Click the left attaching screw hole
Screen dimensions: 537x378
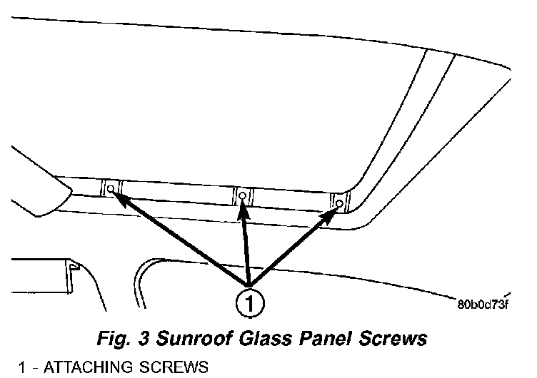tap(110, 188)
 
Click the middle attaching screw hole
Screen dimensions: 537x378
tap(243, 195)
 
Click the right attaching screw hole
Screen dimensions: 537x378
tap(339, 203)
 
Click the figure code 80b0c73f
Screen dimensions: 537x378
tap(483, 307)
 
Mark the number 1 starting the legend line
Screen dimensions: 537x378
tap(24, 368)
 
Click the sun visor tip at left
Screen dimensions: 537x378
tap(68, 190)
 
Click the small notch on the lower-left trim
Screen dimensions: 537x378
tap(74, 265)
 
